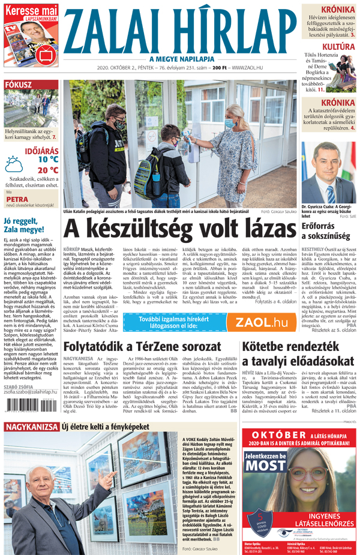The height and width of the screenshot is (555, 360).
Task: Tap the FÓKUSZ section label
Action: click(19, 85)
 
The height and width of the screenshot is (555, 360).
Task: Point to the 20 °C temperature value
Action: click(47, 170)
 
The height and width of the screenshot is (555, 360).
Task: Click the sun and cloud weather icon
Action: click(14, 164)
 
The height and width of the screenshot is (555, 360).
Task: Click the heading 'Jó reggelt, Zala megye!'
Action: click(24, 225)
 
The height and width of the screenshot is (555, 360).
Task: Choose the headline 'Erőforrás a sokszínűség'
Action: click(328, 232)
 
